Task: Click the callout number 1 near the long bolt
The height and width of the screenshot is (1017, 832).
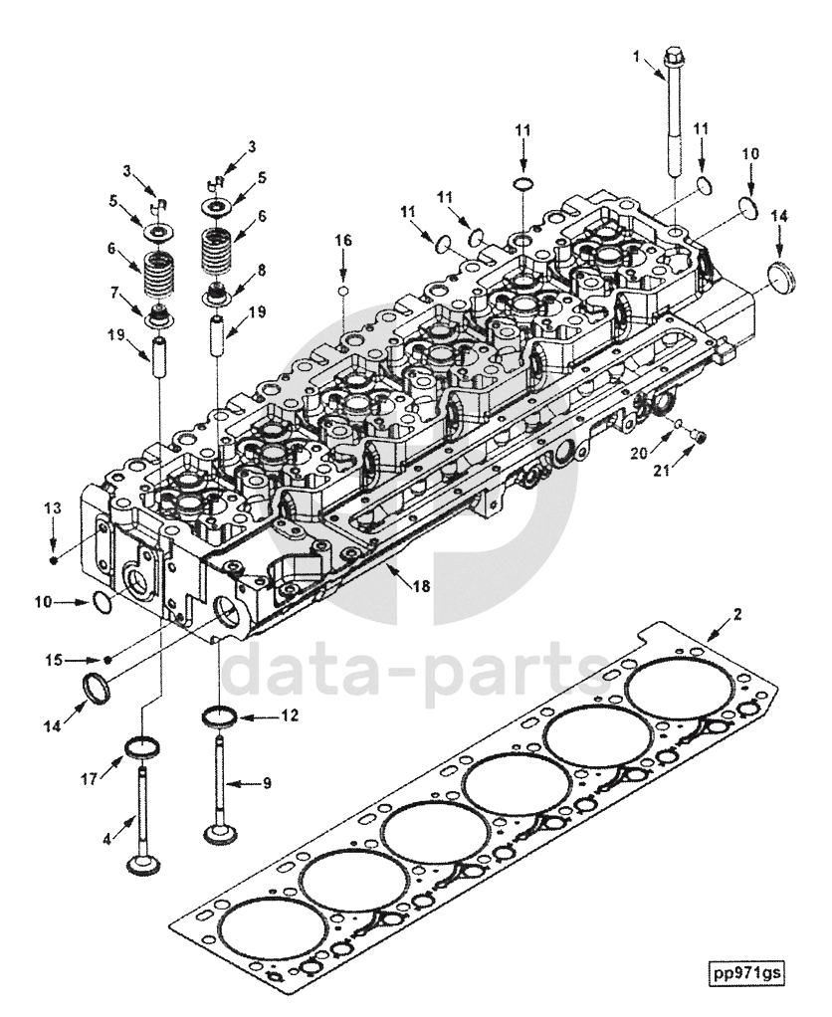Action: (x=636, y=57)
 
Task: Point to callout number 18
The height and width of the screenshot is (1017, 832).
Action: (x=421, y=586)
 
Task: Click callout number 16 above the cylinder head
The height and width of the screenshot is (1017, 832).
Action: (x=342, y=240)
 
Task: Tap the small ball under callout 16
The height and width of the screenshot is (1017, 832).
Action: (x=342, y=291)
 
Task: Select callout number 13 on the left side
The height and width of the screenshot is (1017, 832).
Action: (x=53, y=508)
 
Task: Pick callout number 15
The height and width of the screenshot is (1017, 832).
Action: (x=54, y=660)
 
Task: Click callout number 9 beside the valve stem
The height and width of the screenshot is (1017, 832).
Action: (x=266, y=783)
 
